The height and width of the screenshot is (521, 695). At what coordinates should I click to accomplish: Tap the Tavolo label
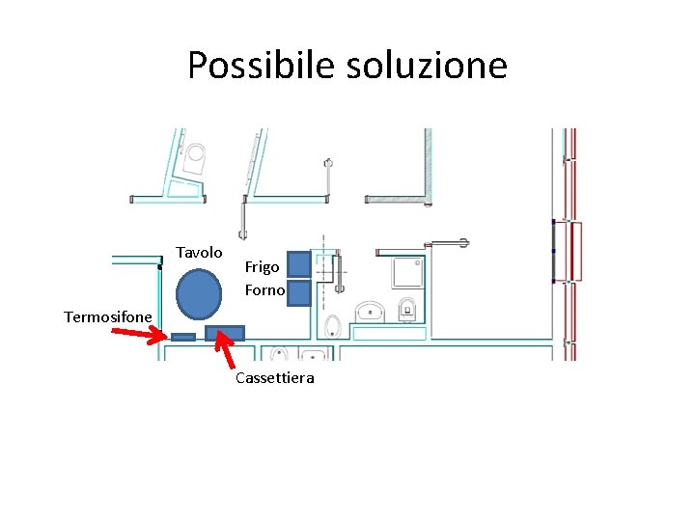pos(199,252)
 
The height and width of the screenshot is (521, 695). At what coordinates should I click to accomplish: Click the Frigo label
pos(262,266)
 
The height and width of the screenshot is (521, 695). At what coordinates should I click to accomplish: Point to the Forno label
pos(264,289)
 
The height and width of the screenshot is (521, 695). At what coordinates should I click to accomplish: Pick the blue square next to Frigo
pos(299,264)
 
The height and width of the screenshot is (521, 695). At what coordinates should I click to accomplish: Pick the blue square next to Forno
pos(299,292)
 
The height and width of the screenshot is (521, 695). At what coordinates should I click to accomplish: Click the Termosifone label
pos(108,316)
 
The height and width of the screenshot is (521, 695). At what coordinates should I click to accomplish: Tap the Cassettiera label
pos(274,378)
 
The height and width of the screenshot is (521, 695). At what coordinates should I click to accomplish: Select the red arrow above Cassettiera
pos(225,350)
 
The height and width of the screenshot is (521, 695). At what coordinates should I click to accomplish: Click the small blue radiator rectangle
pos(183,337)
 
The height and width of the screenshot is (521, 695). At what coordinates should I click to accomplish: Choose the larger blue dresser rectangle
pos(225,333)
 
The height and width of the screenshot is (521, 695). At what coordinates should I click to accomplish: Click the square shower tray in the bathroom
pos(407,273)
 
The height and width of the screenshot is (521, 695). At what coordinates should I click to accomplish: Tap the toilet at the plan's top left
pos(197,155)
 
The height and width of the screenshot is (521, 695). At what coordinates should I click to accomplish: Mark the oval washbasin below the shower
pos(370,312)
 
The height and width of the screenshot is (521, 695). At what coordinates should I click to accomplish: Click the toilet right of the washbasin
pos(407,309)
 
